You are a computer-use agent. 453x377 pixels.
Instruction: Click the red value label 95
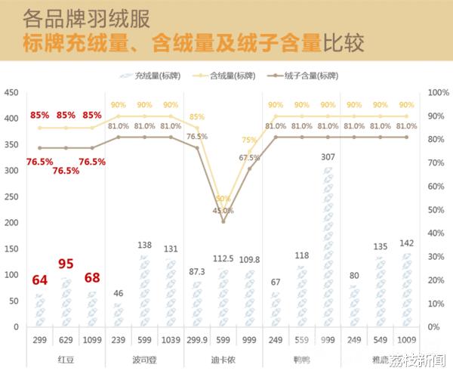(x=65, y=264)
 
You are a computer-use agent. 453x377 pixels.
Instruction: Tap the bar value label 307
(x=328, y=156)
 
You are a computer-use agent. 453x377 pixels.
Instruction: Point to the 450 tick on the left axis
(x=11, y=93)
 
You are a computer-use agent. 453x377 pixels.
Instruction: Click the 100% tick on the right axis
(x=439, y=93)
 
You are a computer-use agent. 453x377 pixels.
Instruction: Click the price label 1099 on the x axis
(x=92, y=340)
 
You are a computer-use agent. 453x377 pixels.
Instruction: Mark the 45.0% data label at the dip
(x=223, y=211)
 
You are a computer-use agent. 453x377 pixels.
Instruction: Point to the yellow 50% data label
(x=223, y=199)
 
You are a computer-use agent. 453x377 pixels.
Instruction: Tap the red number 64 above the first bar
(x=39, y=280)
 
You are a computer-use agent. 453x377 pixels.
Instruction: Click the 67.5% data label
(x=249, y=158)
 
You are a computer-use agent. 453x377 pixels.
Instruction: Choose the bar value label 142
(x=406, y=243)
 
